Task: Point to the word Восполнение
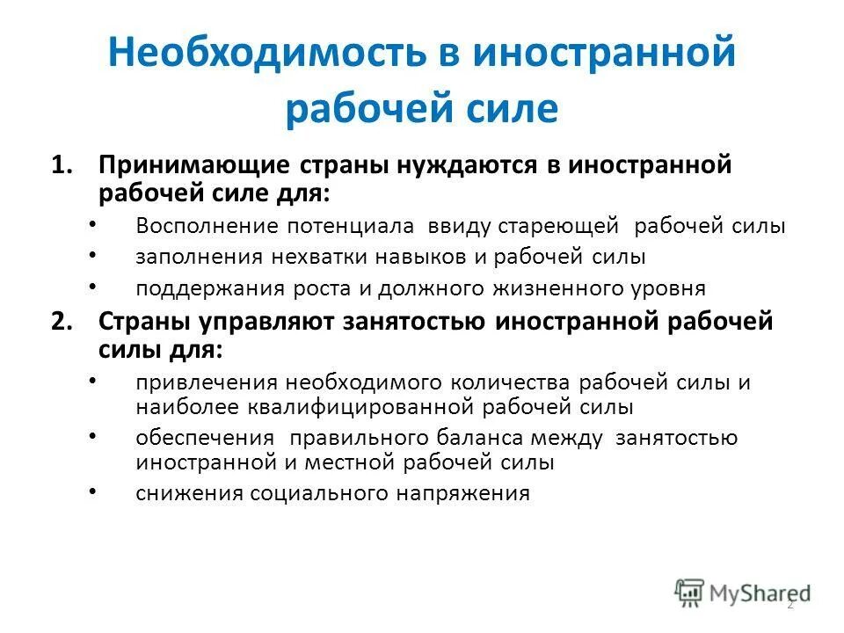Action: (x=205, y=226)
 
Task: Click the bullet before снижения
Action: (x=95, y=491)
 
